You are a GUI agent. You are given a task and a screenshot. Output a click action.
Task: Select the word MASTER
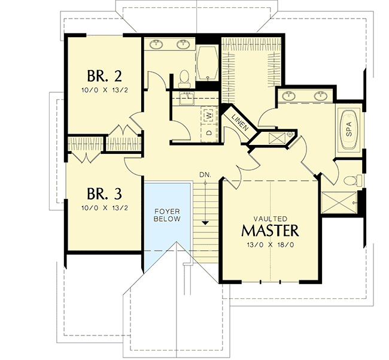(x=269, y=231)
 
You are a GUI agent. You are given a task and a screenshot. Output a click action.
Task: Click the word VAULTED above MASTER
(x=269, y=219)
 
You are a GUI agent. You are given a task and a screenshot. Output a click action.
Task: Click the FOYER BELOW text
(x=167, y=216)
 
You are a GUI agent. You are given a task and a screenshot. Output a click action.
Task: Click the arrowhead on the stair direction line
(x=205, y=222)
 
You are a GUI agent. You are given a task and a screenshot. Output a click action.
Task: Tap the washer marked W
(x=209, y=113)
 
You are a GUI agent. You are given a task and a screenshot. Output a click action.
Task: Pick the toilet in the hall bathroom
(x=185, y=77)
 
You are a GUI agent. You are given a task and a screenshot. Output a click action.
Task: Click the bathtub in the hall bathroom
(x=208, y=63)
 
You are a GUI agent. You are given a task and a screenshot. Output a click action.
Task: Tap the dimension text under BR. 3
(x=105, y=208)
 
